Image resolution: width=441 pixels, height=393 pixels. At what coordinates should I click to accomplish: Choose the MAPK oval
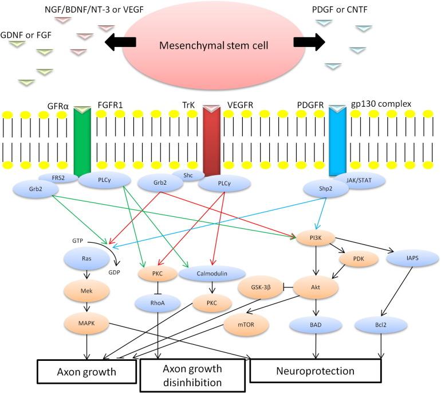click(86, 323)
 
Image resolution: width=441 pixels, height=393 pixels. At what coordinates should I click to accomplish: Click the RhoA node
click(159, 302)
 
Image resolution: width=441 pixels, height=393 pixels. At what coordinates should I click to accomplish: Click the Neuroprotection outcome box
click(316, 371)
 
